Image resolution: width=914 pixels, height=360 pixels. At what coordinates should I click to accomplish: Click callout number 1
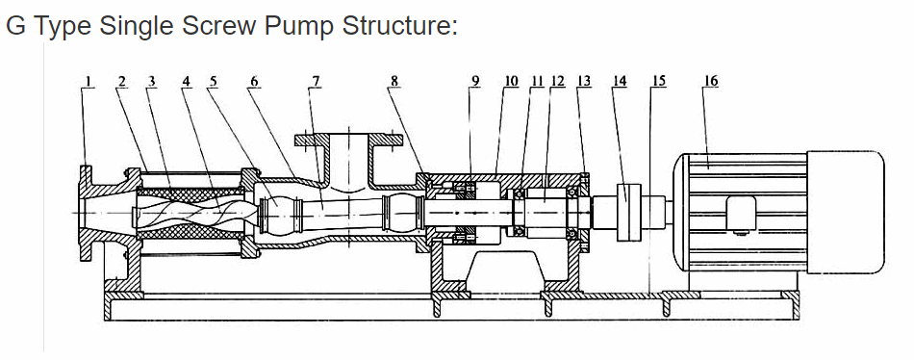88,81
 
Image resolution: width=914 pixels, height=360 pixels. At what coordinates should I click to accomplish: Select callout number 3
152,81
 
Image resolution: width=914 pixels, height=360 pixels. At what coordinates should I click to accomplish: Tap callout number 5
213,81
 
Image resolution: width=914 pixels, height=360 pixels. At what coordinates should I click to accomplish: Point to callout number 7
316,81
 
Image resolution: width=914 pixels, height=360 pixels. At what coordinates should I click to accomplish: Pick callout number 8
394,81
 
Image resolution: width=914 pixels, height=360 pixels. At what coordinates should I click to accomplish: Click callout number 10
511,81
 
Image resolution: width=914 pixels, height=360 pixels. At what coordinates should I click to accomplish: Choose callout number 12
558,81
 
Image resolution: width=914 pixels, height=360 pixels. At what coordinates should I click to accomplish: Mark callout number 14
620,81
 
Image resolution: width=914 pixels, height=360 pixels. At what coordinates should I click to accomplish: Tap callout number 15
659,81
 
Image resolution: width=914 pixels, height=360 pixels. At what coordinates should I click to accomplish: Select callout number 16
711,81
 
